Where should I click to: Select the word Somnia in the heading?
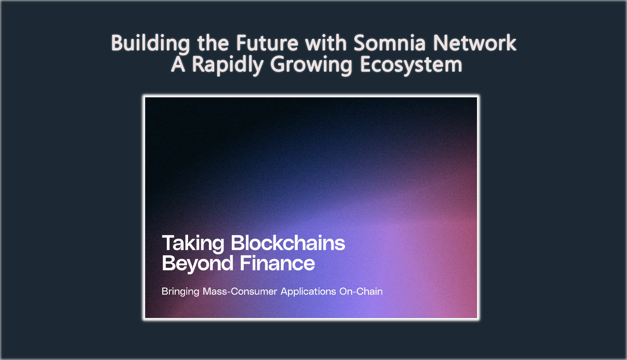click(x=389, y=43)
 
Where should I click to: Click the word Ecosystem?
click(x=411, y=65)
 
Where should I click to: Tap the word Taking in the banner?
click(x=193, y=243)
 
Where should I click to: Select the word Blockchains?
click(x=288, y=243)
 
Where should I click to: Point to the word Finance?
click(x=277, y=264)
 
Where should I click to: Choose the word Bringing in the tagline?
click(x=180, y=292)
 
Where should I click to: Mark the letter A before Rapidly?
click(x=177, y=65)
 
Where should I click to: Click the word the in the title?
click(x=214, y=43)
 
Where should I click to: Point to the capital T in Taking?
click(x=168, y=243)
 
